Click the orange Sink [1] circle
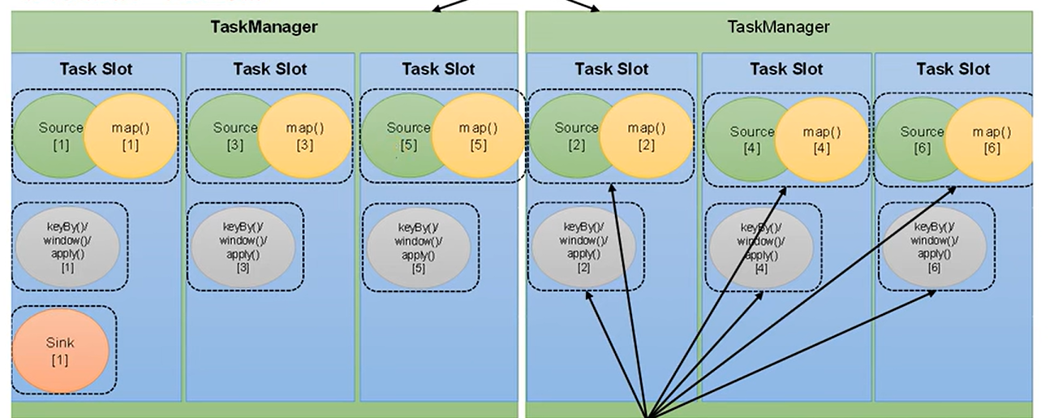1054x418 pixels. (61, 351)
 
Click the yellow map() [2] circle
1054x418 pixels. (646, 136)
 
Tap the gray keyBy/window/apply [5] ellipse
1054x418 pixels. (419, 247)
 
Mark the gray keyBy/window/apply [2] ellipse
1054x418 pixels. (583, 247)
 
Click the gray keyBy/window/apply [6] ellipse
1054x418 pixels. (934, 247)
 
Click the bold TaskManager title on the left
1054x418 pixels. (264, 26)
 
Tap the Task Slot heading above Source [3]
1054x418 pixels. (269, 69)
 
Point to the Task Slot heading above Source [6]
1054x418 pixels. (953, 69)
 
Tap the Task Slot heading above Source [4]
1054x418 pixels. (786, 69)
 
